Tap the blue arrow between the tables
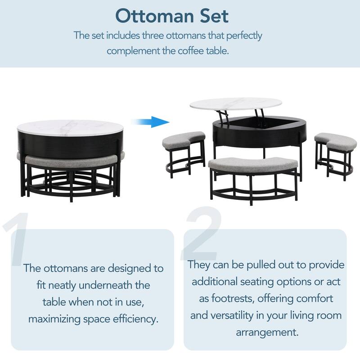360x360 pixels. click(149, 121)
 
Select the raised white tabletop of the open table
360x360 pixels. click(235, 104)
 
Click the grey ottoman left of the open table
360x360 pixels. click(183, 141)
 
